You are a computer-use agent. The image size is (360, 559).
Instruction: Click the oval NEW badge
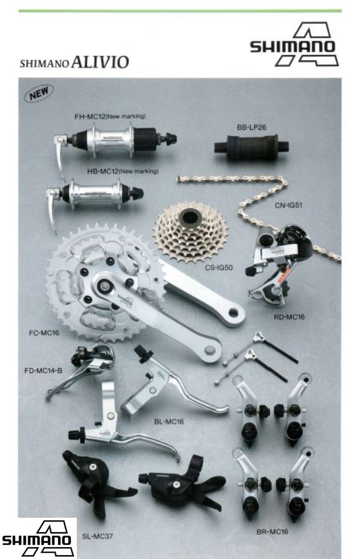(x=38, y=94)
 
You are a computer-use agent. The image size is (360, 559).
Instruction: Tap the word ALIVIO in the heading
(x=100, y=62)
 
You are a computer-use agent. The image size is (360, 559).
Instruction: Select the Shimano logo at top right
(x=294, y=45)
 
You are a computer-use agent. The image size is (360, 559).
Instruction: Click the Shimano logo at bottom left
(x=37, y=538)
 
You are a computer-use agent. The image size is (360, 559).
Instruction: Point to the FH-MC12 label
(x=90, y=116)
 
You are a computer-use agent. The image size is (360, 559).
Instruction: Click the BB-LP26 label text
(x=252, y=127)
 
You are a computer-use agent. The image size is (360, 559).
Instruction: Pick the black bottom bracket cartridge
(x=251, y=146)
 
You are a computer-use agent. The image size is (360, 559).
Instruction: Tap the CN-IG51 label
(x=288, y=205)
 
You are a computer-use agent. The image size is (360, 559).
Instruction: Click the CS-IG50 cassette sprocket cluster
(x=192, y=232)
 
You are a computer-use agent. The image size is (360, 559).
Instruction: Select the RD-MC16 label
(x=289, y=317)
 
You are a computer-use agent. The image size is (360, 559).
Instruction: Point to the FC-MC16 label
(x=44, y=333)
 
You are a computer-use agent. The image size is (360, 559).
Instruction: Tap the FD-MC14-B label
(x=43, y=371)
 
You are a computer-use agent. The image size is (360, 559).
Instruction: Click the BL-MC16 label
(x=169, y=422)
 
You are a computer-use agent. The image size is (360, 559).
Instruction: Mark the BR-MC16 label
(x=272, y=532)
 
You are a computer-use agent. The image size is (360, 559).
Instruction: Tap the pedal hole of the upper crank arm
(x=234, y=313)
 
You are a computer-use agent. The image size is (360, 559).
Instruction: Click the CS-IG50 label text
(x=219, y=267)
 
